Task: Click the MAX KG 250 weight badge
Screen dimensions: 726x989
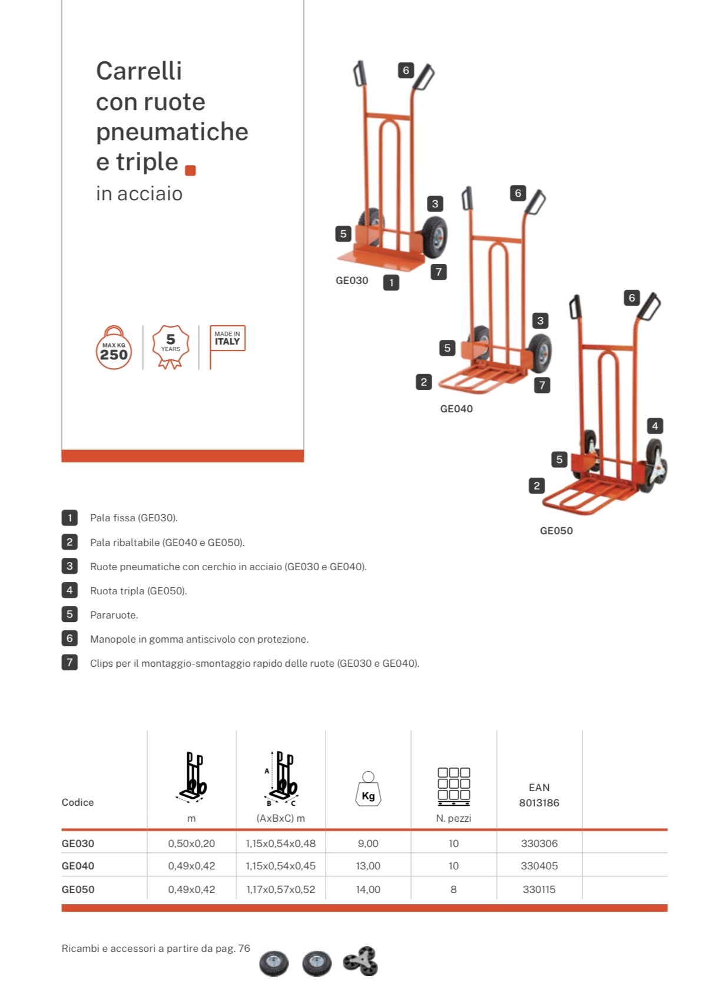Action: (114, 348)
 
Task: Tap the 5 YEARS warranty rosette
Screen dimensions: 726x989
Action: (170, 347)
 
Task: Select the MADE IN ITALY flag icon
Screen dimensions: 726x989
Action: (227, 347)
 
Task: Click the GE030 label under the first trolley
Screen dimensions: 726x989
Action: (352, 280)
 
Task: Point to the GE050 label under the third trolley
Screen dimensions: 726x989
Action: (556, 531)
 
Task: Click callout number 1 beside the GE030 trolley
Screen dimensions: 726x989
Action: (391, 283)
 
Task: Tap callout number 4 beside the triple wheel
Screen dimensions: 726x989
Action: (655, 426)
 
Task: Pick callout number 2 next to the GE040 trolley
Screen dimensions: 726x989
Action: (424, 382)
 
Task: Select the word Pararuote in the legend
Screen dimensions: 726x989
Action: (114, 615)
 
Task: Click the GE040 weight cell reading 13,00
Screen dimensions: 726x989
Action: (368, 866)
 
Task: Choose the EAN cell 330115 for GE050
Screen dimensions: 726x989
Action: (539, 889)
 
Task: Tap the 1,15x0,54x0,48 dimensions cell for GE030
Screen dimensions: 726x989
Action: (281, 844)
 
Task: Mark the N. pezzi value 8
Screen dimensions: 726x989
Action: (453, 889)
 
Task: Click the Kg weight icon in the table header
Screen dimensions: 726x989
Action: (368, 789)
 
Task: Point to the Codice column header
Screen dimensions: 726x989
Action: (78, 802)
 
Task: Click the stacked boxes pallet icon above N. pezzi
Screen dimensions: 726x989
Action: (454, 786)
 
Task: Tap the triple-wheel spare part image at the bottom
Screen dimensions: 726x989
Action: (360, 961)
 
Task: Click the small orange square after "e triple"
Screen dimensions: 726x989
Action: (190, 170)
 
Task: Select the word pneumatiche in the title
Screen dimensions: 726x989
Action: (172, 133)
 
